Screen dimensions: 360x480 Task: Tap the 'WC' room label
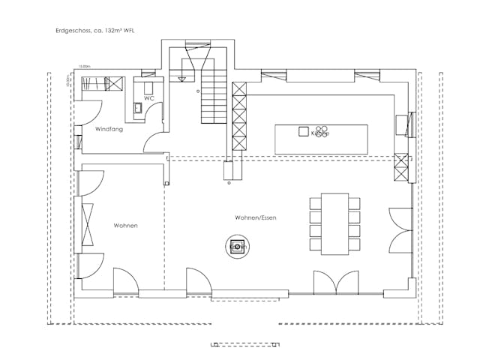[x=149, y=98]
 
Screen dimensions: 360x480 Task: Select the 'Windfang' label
[x=109, y=130]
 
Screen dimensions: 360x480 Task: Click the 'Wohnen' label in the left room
[x=125, y=225]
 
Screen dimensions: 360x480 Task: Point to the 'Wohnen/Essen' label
[x=256, y=217]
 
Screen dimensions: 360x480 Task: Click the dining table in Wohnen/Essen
[x=334, y=223]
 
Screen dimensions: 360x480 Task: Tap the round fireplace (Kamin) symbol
[x=238, y=246]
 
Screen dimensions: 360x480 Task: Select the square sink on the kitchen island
[x=304, y=133]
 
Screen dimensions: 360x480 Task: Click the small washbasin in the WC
[x=139, y=109]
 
